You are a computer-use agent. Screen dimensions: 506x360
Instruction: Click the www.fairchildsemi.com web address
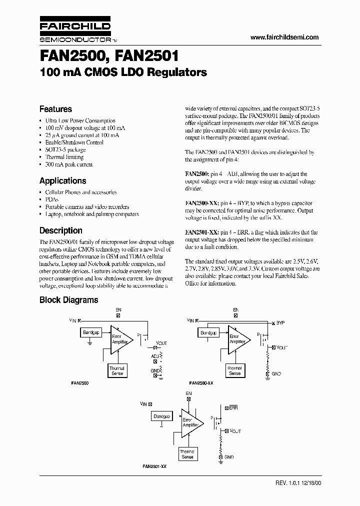click(x=284, y=37)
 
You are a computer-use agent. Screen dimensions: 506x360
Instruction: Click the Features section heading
click(x=55, y=109)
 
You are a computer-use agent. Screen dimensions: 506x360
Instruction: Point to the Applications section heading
click(x=62, y=180)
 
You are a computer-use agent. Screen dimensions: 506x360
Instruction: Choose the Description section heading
click(x=60, y=230)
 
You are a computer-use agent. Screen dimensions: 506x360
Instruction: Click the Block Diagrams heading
click(x=68, y=300)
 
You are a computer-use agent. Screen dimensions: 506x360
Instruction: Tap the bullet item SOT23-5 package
click(x=65, y=149)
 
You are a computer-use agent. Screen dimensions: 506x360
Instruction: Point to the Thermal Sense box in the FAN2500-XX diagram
click(x=234, y=371)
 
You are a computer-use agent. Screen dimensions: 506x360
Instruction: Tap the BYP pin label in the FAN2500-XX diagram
click(x=280, y=323)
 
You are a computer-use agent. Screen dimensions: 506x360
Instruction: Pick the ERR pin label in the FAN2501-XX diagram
click(x=233, y=408)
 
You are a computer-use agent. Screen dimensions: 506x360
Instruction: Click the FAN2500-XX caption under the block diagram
click(x=201, y=382)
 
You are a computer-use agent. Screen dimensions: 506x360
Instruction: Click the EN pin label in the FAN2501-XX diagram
click(x=188, y=393)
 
